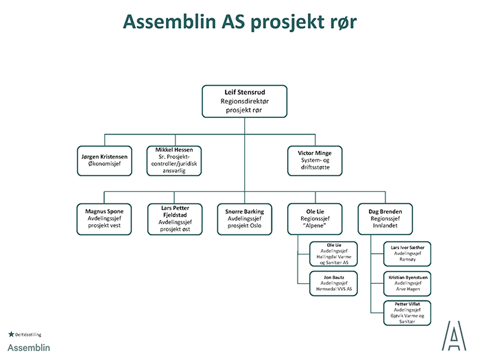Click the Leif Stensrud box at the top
tap(244, 101)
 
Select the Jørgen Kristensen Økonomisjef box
tap(105, 160)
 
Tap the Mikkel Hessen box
tap(174, 160)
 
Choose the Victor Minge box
tap(314, 160)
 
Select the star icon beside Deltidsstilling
tap(10, 334)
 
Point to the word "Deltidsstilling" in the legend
tap(29, 335)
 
